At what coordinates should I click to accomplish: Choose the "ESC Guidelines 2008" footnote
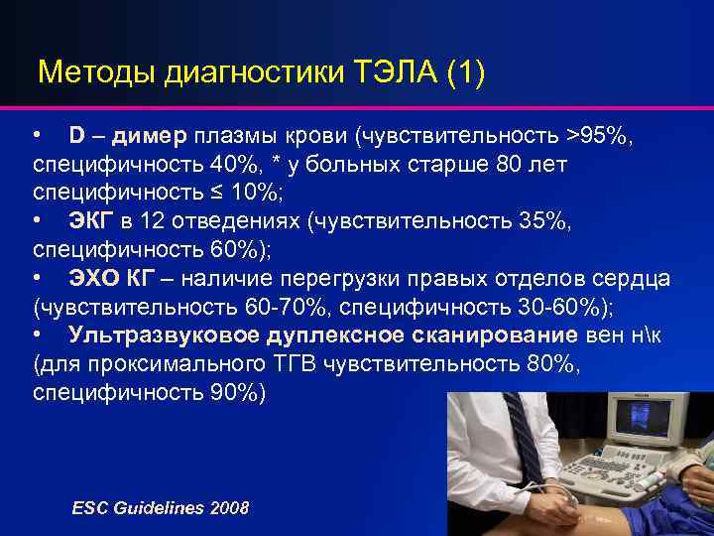click(161, 507)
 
